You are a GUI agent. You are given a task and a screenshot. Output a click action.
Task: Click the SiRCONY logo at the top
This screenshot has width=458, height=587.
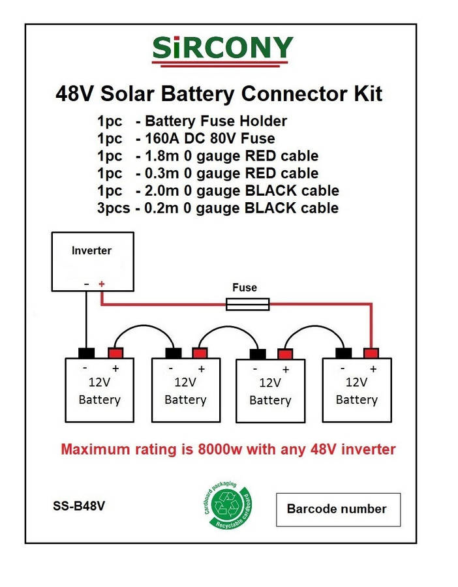[222, 49]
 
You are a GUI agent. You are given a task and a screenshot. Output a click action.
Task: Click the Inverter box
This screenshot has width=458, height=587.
[92, 261]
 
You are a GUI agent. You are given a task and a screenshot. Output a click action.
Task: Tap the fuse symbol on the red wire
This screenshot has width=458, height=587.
[247, 303]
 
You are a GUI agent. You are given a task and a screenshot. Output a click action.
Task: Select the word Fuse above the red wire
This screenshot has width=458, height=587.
[245, 287]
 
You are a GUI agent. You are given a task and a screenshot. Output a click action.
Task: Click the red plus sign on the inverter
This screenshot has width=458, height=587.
[101, 284]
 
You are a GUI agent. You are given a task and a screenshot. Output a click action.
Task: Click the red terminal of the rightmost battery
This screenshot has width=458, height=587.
[371, 353]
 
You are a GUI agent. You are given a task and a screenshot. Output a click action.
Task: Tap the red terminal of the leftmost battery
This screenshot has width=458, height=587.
[115, 353]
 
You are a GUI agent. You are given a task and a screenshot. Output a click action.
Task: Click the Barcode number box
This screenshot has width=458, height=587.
[338, 509]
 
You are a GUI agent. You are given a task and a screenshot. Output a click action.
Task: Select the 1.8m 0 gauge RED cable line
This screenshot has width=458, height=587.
[207, 156]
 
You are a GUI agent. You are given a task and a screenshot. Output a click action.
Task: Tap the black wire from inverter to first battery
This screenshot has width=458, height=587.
[85, 320]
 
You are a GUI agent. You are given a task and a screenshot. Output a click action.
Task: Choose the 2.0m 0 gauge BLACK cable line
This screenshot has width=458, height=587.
[218, 190]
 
